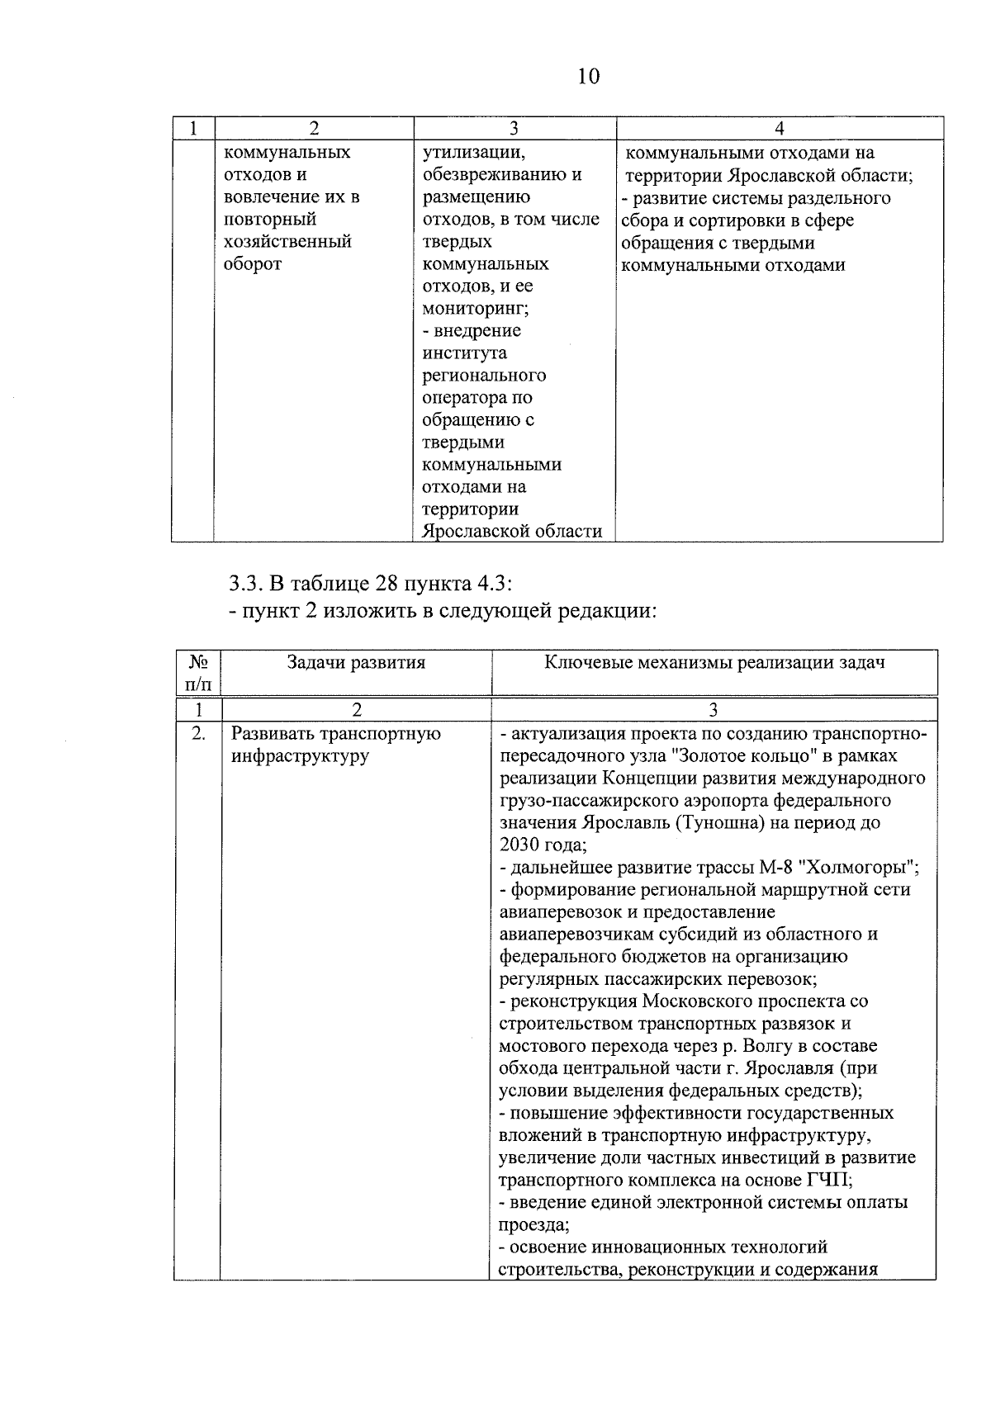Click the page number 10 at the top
[589, 77]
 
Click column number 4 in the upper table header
[780, 128]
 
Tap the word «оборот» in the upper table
[253, 264]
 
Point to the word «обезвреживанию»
[502, 175]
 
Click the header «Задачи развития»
[356, 662]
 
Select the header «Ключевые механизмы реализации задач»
[714, 662]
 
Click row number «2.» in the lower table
[198, 733]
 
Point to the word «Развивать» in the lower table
[273, 733]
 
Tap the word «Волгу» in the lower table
[766, 1046]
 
